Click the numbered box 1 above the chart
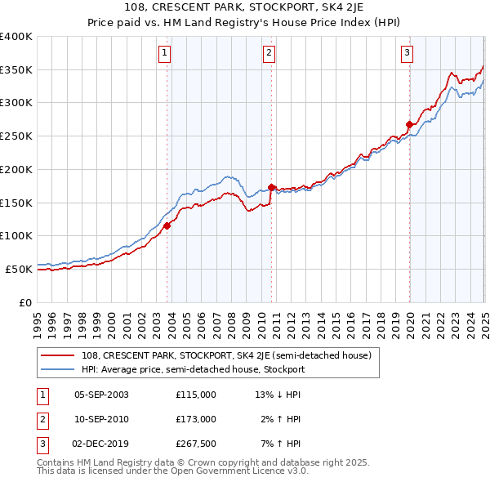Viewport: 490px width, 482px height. coord(165,54)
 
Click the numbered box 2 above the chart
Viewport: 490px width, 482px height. coord(269,54)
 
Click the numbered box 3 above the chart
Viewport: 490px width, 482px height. coord(407,54)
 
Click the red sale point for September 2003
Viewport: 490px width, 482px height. coord(167,225)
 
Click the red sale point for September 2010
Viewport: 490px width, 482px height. coord(271,187)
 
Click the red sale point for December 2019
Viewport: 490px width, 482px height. coord(408,125)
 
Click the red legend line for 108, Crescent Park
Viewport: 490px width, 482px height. coord(59,355)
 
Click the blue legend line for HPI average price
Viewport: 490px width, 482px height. coord(59,369)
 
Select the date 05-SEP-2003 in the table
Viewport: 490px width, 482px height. coord(101,395)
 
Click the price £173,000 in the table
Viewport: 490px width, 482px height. coord(196,419)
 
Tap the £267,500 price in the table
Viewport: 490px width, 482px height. coord(196,444)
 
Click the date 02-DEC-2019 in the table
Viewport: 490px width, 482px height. coord(101,444)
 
